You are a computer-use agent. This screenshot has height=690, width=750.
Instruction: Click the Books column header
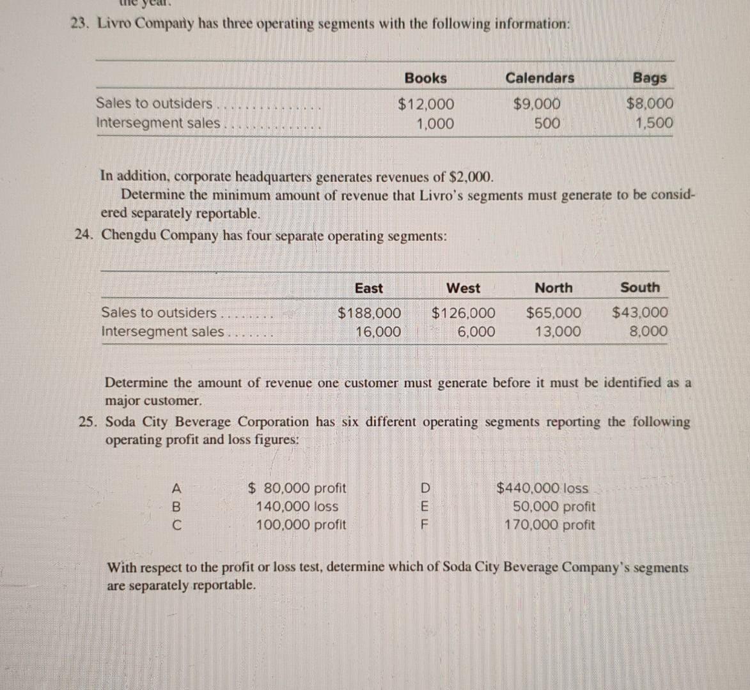425,78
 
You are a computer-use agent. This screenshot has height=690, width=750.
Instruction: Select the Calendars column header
540,78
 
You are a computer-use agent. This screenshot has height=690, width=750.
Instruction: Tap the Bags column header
650,78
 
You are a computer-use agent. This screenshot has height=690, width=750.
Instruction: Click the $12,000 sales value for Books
426,103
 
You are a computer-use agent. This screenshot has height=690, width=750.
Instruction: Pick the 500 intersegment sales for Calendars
547,123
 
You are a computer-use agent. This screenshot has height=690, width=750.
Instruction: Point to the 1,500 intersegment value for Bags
654,123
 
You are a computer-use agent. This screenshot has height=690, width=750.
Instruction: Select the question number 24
84,235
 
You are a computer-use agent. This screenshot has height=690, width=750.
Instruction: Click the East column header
368,288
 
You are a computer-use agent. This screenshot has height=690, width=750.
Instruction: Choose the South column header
639,287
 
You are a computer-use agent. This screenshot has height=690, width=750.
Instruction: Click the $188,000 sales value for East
369,313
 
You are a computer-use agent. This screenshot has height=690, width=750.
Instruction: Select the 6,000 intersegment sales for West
476,332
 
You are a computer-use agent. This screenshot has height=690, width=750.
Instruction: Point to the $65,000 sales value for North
554,313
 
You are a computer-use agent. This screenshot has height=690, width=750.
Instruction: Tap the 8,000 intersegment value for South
648,332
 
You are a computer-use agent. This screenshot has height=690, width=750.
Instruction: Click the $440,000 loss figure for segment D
543,488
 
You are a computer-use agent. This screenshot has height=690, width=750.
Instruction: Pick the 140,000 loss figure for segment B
297,507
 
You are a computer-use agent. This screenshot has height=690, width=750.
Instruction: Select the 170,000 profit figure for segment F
549,525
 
